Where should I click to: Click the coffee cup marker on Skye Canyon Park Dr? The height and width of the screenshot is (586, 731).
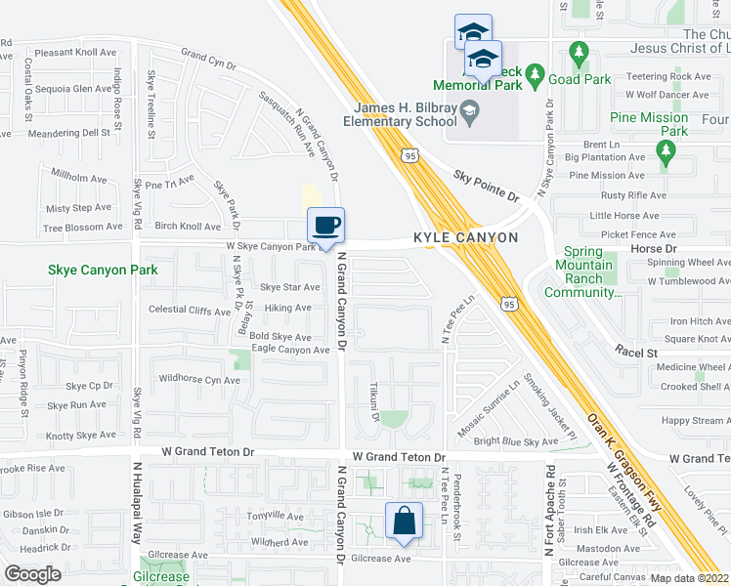pos(326,226)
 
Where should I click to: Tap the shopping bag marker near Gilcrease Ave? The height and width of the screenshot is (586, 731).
pos(404,522)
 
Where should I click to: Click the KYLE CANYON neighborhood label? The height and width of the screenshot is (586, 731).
pos(465,238)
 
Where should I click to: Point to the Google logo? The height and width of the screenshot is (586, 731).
pos(32,574)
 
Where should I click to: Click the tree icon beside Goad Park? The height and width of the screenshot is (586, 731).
pos(535,73)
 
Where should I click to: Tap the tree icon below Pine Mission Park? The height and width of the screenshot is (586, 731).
pos(666,151)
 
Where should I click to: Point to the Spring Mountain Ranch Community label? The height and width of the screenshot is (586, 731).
pos(585,272)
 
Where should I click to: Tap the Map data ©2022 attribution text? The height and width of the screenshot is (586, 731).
pos(689,578)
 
